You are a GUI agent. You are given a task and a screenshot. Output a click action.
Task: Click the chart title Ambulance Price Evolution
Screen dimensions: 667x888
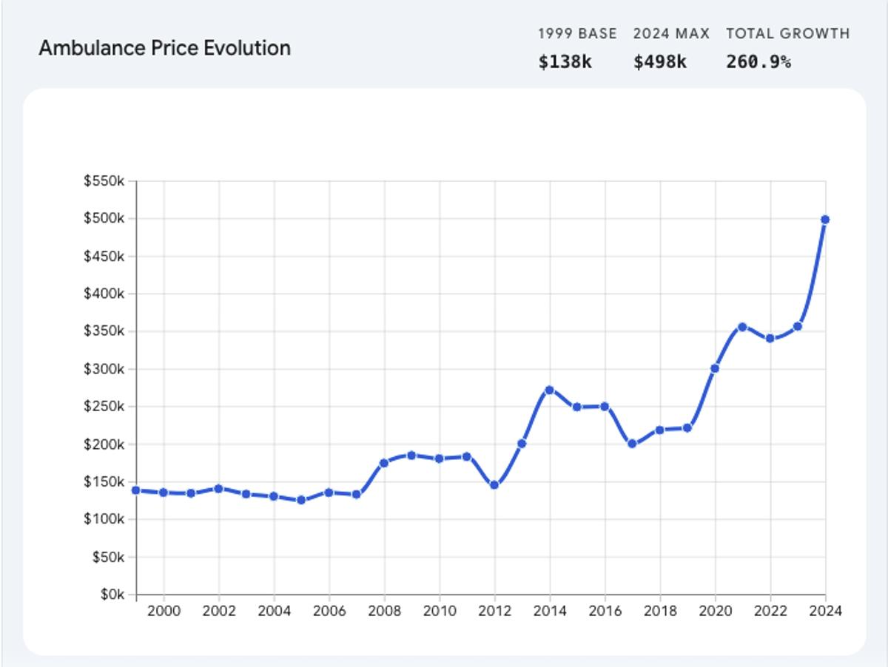[164, 48]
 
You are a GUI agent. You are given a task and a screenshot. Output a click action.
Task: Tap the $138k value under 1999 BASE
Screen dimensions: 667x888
[565, 62]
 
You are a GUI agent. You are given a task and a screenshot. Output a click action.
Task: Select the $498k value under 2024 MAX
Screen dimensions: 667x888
[660, 62]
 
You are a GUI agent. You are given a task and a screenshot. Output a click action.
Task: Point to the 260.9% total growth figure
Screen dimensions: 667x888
[758, 62]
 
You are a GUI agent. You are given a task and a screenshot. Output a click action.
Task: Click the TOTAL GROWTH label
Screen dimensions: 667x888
[787, 33]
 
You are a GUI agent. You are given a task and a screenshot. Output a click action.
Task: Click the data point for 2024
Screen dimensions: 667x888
[825, 220]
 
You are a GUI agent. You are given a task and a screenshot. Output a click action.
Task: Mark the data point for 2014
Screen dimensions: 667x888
[549, 390]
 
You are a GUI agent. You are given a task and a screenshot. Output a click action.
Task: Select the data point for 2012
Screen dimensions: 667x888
[494, 485]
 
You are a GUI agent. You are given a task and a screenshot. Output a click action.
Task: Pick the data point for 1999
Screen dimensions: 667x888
[136, 490]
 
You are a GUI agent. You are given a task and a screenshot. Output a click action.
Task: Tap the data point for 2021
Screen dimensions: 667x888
[742, 327]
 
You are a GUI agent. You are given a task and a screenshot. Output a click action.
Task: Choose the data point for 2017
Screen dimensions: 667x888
[632, 444]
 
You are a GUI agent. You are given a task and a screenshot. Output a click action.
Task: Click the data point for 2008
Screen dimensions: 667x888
[384, 463]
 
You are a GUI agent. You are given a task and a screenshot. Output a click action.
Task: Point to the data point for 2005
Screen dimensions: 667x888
[301, 500]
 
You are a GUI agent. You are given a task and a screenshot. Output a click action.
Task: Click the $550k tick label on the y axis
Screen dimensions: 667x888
[104, 181]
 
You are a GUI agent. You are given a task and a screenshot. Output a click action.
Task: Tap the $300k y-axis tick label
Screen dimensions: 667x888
[104, 369]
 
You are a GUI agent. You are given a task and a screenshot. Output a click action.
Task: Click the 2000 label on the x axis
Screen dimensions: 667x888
[164, 612]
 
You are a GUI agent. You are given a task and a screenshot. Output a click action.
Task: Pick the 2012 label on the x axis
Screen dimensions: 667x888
[494, 612]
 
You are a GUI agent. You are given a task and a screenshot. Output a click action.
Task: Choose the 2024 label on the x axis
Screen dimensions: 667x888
[825, 612]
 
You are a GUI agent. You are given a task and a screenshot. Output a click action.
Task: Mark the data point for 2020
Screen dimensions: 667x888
[715, 368]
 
